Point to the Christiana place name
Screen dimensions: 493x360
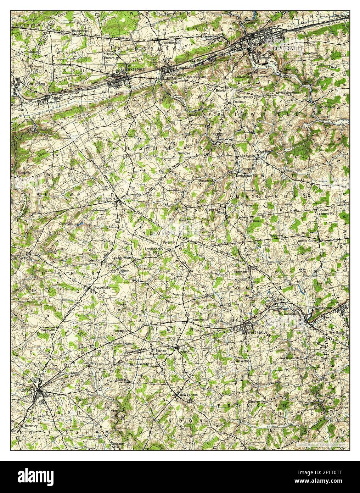(36, 84)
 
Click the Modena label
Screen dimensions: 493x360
(291, 70)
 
